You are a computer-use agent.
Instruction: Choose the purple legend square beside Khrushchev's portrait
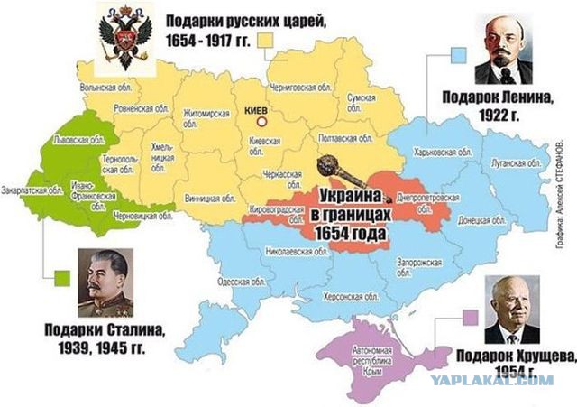[x=469, y=315]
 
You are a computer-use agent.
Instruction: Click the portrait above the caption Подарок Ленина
[x=511, y=51]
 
